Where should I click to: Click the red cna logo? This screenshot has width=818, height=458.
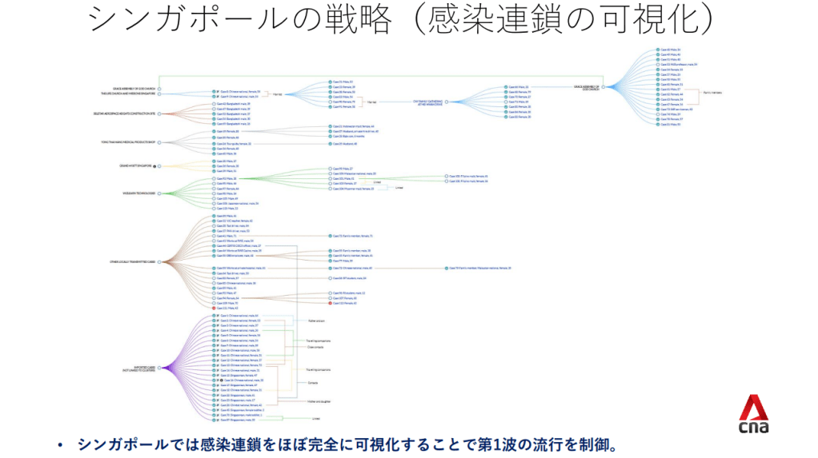coord(753,415)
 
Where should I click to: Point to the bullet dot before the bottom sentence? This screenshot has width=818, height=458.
coord(60,444)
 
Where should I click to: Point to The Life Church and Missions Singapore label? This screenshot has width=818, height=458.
coord(130,94)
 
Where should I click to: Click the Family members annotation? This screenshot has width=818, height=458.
coord(713,92)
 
